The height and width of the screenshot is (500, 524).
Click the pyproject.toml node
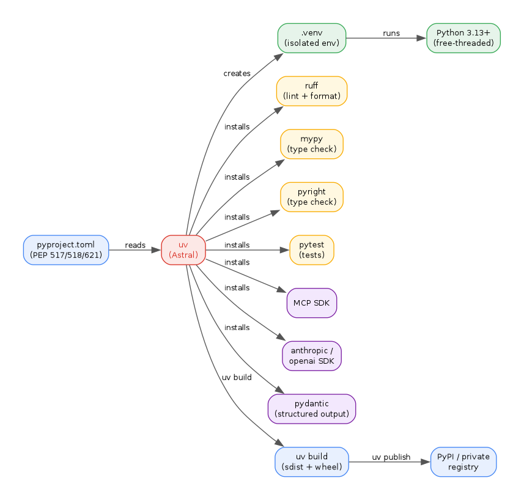[66, 250]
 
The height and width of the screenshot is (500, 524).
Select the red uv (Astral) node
[183, 250]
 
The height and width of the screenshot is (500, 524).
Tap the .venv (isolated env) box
[312, 38]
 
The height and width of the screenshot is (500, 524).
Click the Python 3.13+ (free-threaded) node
[463, 38]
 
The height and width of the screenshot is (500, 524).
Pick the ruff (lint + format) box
[312, 91]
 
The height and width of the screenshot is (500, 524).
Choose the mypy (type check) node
[312, 144]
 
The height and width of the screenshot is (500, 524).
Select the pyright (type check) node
[312, 197]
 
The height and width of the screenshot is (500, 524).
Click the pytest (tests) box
[312, 250]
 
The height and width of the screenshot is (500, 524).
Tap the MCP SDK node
[312, 303]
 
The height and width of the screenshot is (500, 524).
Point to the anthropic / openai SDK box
[312, 356]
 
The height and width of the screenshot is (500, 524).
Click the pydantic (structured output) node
[312, 409]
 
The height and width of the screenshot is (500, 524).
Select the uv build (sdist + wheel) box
[312, 461]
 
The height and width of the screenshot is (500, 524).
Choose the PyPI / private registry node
[463, 461]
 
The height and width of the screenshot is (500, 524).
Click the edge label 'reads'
[135, 245]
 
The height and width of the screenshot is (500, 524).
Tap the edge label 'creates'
[237, 73]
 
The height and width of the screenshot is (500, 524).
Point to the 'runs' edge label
[391, 33]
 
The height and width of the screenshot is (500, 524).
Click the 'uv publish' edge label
[391, 457]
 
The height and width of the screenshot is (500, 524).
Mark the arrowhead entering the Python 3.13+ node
[422, 38]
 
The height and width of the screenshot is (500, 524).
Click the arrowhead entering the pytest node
[285, 250]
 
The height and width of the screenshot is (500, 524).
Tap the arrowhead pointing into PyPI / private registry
[426, 461]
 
